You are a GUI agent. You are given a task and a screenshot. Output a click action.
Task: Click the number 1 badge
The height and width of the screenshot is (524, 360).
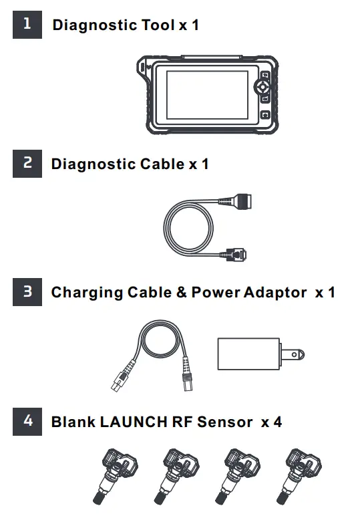[x=27, y=25]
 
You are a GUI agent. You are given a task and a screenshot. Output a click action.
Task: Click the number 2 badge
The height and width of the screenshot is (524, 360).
[x=27, y=164]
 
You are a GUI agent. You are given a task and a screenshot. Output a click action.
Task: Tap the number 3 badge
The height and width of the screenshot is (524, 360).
[x=27, y=292]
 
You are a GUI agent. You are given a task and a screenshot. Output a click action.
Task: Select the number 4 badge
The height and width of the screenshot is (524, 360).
[x=27, y=421]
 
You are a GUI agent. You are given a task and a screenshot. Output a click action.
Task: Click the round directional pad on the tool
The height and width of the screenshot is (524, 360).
[x=264, y=87]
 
